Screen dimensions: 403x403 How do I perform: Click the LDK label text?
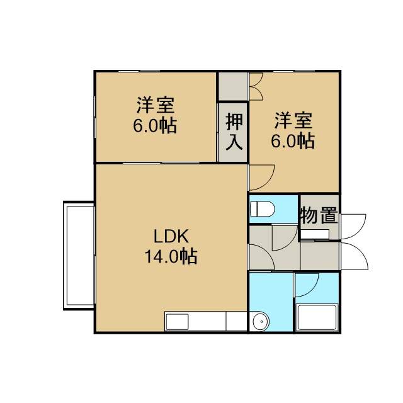pyautogui.click(x=171, y=236)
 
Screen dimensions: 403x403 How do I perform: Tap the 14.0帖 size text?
pyautogui.click(x=171, y=256)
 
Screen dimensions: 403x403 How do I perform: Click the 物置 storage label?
pyautogui.click(x=319, y=215)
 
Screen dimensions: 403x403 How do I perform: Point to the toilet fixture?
pyautogui.click(x=263, y=208)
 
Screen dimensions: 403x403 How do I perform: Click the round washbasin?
pyautogui.click(x=261, y=322)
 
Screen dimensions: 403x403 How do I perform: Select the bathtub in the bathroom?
pyautogui.click(x=317, y=317)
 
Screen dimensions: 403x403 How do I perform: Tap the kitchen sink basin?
pyautogui.click(x=177, y=322)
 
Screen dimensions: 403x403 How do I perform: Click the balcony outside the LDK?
pyautogui.click(x=79, y=256)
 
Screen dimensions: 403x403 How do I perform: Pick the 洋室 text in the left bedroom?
pyautogui.click(x=156, y=105)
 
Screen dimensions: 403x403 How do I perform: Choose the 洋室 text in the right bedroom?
pyautogui.click(x=293, y=120)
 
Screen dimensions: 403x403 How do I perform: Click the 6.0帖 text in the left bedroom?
pyautogui.click(x=155, y=125)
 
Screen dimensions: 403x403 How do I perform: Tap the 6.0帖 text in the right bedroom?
pyautogui.click(x=293, y=140)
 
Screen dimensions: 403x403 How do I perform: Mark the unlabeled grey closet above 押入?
pyautogui.click(x=232, y=86)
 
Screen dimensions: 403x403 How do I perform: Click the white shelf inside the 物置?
pyautogui.click(x=315, y=234)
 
